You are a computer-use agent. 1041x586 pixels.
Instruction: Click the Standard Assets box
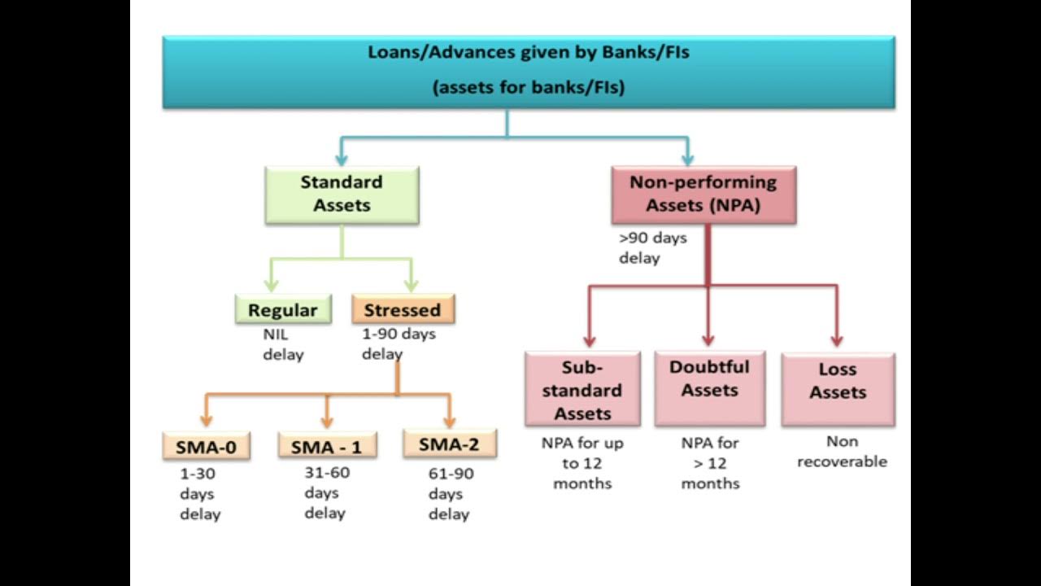tap(342, 195)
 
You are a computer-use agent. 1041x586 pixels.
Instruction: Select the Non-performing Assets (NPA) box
tap(703, 195)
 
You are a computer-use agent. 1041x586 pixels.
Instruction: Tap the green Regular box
tap(283, 310)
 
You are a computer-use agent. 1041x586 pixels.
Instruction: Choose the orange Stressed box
tap(403, 310)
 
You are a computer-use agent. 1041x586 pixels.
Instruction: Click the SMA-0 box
tap(206, 446)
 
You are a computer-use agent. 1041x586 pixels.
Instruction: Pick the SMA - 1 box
tap(327, 446)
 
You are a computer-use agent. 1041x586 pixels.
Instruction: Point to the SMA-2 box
tap(450, 444)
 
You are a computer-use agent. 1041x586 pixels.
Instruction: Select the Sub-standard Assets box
tap(582, 390)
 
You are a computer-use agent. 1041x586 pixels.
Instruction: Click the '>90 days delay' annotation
tap(652, 248)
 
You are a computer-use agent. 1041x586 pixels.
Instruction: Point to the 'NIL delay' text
tap(282, 344)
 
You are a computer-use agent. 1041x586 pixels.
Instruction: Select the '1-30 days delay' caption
tap(199, 494)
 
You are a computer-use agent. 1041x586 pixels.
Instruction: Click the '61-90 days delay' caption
tap(450, 494)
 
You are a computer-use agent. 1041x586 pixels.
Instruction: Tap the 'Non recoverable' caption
tap(842, 452)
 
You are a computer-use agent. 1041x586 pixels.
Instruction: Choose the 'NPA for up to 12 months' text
tap(582, 464)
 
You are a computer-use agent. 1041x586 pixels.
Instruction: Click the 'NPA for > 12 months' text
tap(710, 464)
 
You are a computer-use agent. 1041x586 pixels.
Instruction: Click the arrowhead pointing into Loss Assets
tap(837, 341)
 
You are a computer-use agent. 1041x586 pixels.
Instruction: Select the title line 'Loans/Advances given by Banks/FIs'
tap(529, 53)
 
